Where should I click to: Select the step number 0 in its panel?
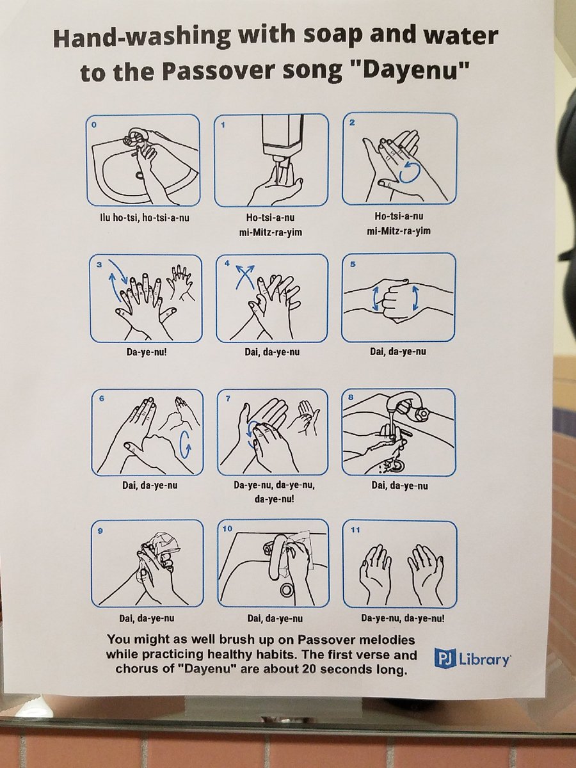coord(93,125)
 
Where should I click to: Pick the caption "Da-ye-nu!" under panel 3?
coord(147,351)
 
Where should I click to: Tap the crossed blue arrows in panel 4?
coord(245,276)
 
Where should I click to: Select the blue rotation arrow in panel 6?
coord(186,445)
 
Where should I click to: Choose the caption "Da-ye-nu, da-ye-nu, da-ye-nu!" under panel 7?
coord(274,492)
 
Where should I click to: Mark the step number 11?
coord(355,530)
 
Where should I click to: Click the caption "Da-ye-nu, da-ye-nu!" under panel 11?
coord(403,618)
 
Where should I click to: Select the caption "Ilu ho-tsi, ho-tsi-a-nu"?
coord(144,218)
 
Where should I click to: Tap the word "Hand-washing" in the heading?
coord(141,38)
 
